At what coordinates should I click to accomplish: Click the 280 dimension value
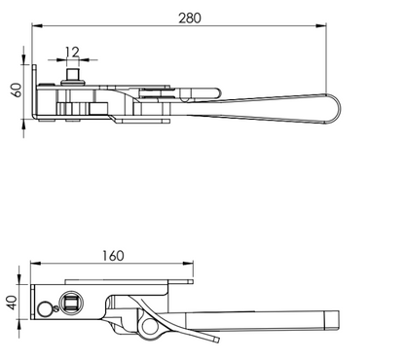tap(190, 18)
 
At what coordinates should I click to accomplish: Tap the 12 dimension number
tap(72, 52)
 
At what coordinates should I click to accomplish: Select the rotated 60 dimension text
tap(17, 90)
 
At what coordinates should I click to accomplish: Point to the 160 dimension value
tap(113, 256)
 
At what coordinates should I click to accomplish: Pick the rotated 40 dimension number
tap(13, 303)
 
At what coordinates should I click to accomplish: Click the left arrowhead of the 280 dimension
tap(37, 26)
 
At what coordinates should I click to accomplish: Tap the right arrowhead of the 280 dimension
tap(321, 26)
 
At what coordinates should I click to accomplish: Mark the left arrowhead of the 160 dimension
tap(36, 264)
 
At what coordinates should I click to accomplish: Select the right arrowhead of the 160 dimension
tap(188, 264)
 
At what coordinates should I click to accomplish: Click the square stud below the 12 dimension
tap(72, 74)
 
